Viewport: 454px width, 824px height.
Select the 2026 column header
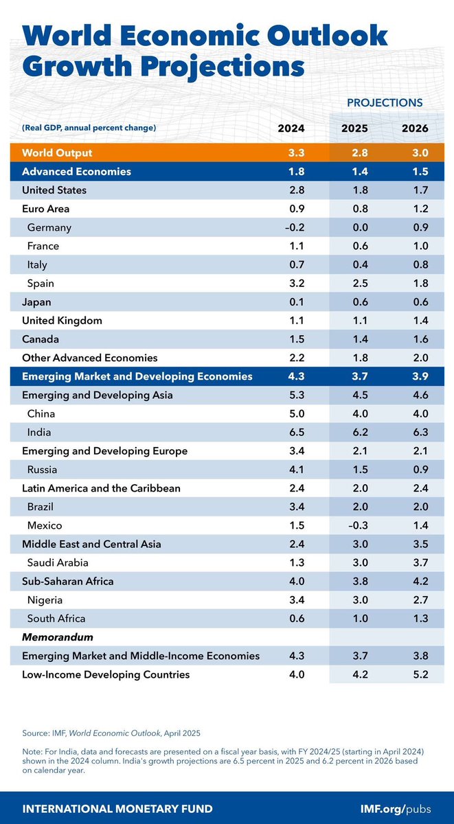[414, 128]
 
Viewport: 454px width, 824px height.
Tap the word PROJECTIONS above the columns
[384, 102]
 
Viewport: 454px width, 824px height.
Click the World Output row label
[57, 152]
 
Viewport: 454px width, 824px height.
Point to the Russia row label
[42, 470]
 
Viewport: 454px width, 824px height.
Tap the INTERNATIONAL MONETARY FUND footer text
[117, 808]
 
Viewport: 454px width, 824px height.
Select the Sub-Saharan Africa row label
[68, 582]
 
